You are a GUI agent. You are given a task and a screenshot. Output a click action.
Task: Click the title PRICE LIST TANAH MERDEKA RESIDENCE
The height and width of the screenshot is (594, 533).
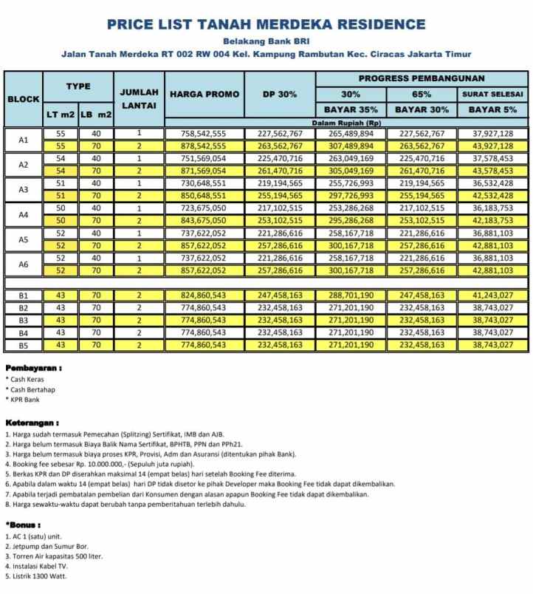click(x=266, y=24)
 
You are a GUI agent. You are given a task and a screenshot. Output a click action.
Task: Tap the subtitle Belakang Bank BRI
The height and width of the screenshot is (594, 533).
click(x=266, y=41)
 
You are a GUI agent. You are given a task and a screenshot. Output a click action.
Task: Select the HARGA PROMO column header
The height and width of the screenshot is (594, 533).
click(x=204, y=95)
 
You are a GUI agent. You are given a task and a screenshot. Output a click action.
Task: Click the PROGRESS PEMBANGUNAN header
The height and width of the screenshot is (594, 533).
click(x=422, y=78)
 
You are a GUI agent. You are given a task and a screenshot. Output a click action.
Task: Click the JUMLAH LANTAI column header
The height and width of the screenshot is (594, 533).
click(x=139, y=100)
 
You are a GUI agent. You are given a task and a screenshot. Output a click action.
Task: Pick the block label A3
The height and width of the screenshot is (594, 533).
click(x=23, y=189)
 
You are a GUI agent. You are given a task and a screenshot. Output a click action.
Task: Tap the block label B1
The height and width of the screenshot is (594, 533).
click(x=23, y=296)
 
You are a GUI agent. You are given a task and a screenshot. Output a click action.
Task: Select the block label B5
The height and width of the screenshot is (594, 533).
click(x=23, y=345)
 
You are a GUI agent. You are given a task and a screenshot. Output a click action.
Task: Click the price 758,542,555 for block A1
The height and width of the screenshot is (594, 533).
click(x=204, y=134)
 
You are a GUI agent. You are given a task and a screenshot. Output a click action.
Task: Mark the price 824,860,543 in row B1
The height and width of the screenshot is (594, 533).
click(x=204, y=296)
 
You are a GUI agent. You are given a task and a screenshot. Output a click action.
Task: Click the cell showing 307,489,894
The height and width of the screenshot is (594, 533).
click(x=351, y=146)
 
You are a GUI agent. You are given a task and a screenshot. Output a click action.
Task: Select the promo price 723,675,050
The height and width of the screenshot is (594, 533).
click(x=204, y=209)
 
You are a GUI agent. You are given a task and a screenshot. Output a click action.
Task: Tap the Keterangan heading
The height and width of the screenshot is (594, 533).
click(x=32, y=423)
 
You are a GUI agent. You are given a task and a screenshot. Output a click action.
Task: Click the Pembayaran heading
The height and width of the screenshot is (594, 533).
click(x=33, y=367)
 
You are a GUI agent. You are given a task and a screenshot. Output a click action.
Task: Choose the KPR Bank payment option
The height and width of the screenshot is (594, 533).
click(x=24, y=400)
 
